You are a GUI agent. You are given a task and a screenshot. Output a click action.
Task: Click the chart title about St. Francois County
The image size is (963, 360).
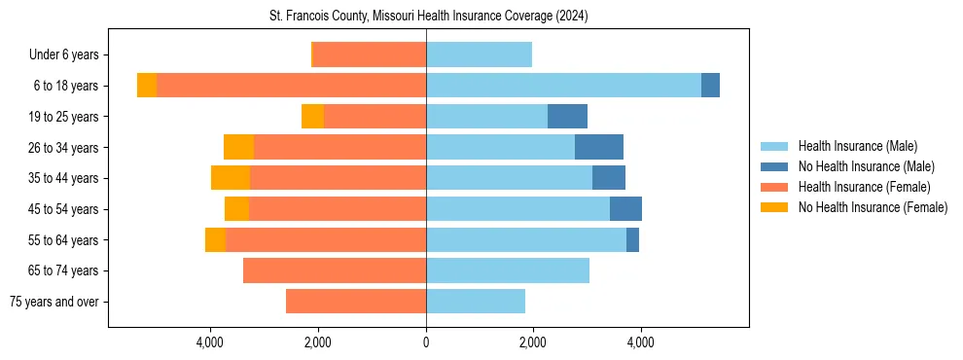tap(428, 17)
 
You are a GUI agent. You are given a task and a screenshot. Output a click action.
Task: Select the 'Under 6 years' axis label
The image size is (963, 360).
tap(71, 55)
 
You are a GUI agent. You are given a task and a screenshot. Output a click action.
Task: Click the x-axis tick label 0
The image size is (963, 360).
tap(426, 342)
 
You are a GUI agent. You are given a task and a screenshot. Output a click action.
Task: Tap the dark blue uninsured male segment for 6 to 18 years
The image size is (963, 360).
tap(710, 86)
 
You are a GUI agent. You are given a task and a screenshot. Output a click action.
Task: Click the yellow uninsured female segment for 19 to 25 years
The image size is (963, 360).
tap(312, 117)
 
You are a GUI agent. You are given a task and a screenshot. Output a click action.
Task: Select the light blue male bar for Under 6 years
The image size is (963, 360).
tap(479, 55)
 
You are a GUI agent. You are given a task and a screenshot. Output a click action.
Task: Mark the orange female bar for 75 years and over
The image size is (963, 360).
tap(356, 302)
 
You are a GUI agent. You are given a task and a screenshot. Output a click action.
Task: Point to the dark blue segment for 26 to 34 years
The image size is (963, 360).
tap(599, 147)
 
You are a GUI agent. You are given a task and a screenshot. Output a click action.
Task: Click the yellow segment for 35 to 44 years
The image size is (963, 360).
tap(231, 178)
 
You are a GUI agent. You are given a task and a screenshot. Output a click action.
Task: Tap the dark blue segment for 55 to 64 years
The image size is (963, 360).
tap(632, 239)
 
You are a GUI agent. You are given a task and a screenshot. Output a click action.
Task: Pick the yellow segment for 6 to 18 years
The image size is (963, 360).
tap(147, 86)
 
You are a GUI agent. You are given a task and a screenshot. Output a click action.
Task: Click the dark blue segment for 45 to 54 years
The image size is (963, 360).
tap(625, 209)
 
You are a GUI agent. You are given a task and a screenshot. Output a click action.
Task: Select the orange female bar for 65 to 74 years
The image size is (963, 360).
tap(335, 270)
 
